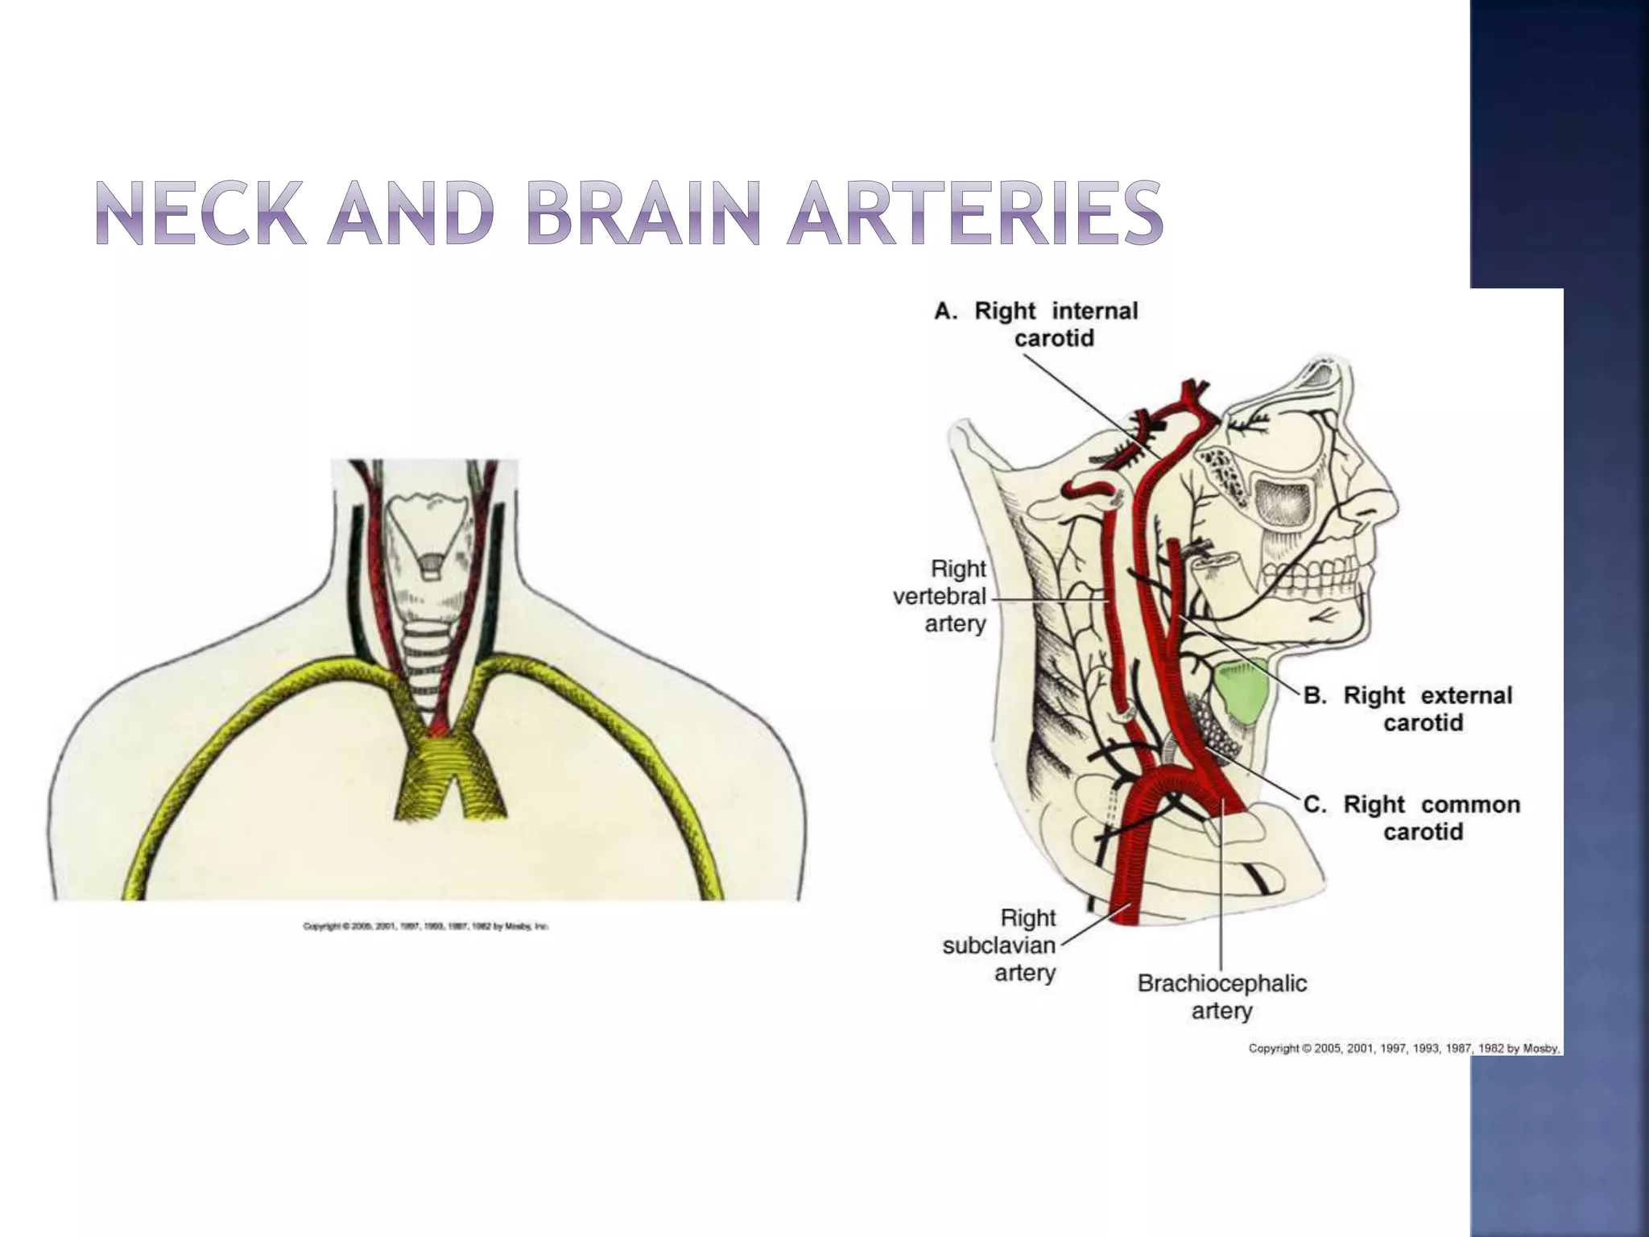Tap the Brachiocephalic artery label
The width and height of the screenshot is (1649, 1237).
click(1221, 996)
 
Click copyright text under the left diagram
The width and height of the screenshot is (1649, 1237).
click(425, 927)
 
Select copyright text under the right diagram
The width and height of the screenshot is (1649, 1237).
click(1404, 1049)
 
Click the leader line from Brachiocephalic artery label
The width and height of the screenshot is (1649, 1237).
click(1221, 902)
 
